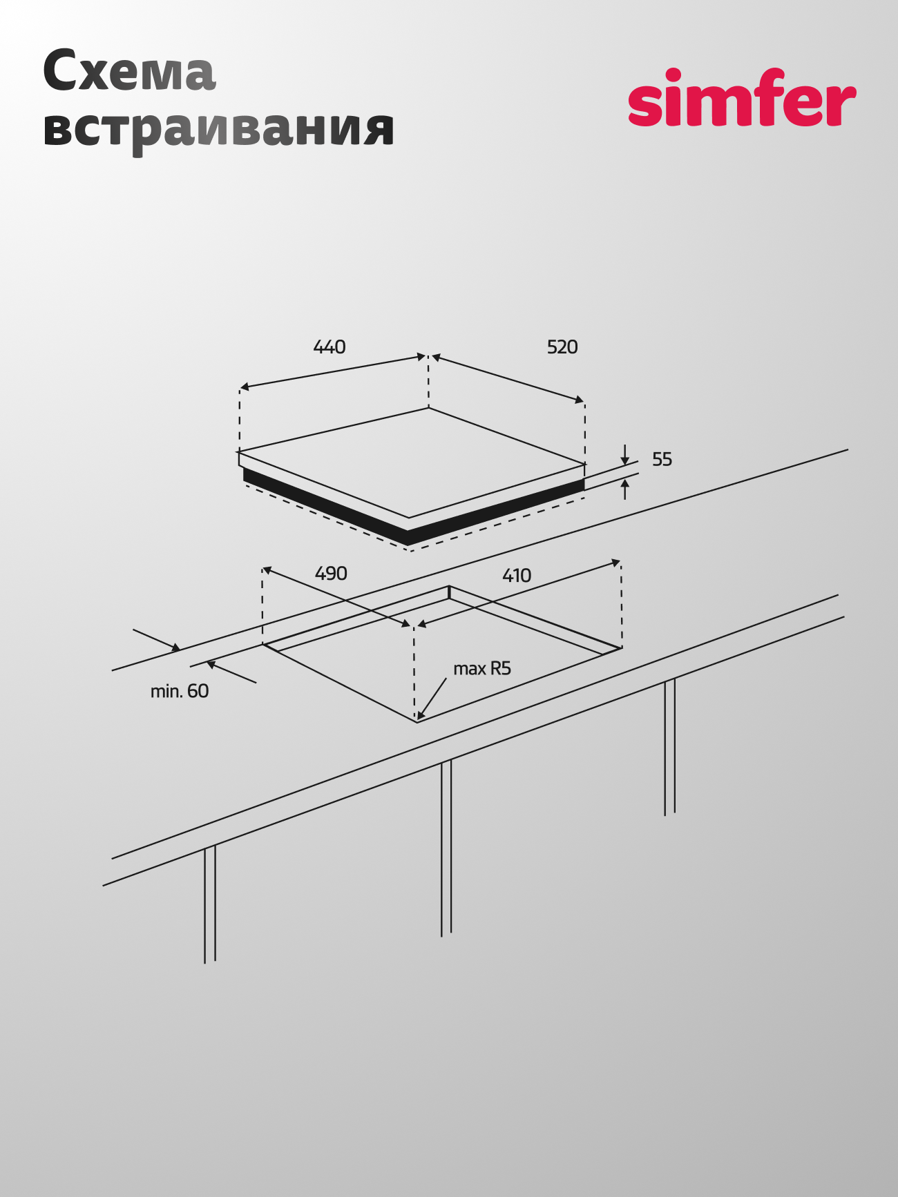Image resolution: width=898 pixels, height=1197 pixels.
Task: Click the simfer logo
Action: [742, 97]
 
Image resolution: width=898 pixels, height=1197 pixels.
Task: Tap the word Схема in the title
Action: [129, 71]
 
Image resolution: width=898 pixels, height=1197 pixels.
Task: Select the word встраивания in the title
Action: [218, 129]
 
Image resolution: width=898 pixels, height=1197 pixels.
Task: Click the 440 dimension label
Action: [329, 347]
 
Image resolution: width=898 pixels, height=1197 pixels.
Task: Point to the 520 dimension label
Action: [562, 347]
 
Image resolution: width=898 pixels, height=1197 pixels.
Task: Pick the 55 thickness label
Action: [662, 459]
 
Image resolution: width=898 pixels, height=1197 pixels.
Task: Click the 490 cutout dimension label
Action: [331, 574]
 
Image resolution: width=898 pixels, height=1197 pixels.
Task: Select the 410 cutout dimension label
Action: [517, 576]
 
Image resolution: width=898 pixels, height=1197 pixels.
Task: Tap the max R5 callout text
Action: [482, 668]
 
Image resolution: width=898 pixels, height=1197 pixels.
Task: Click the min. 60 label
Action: [180, 691]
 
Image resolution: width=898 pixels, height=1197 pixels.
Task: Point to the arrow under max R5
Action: [432, 699]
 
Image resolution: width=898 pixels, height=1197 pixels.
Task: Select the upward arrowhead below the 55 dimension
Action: [625, 489]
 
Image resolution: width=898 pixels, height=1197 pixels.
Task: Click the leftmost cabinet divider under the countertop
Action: [210, 904]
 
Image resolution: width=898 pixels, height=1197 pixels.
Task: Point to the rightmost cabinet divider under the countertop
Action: [669, 748]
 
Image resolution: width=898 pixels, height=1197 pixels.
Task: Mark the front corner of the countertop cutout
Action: [417, 722]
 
